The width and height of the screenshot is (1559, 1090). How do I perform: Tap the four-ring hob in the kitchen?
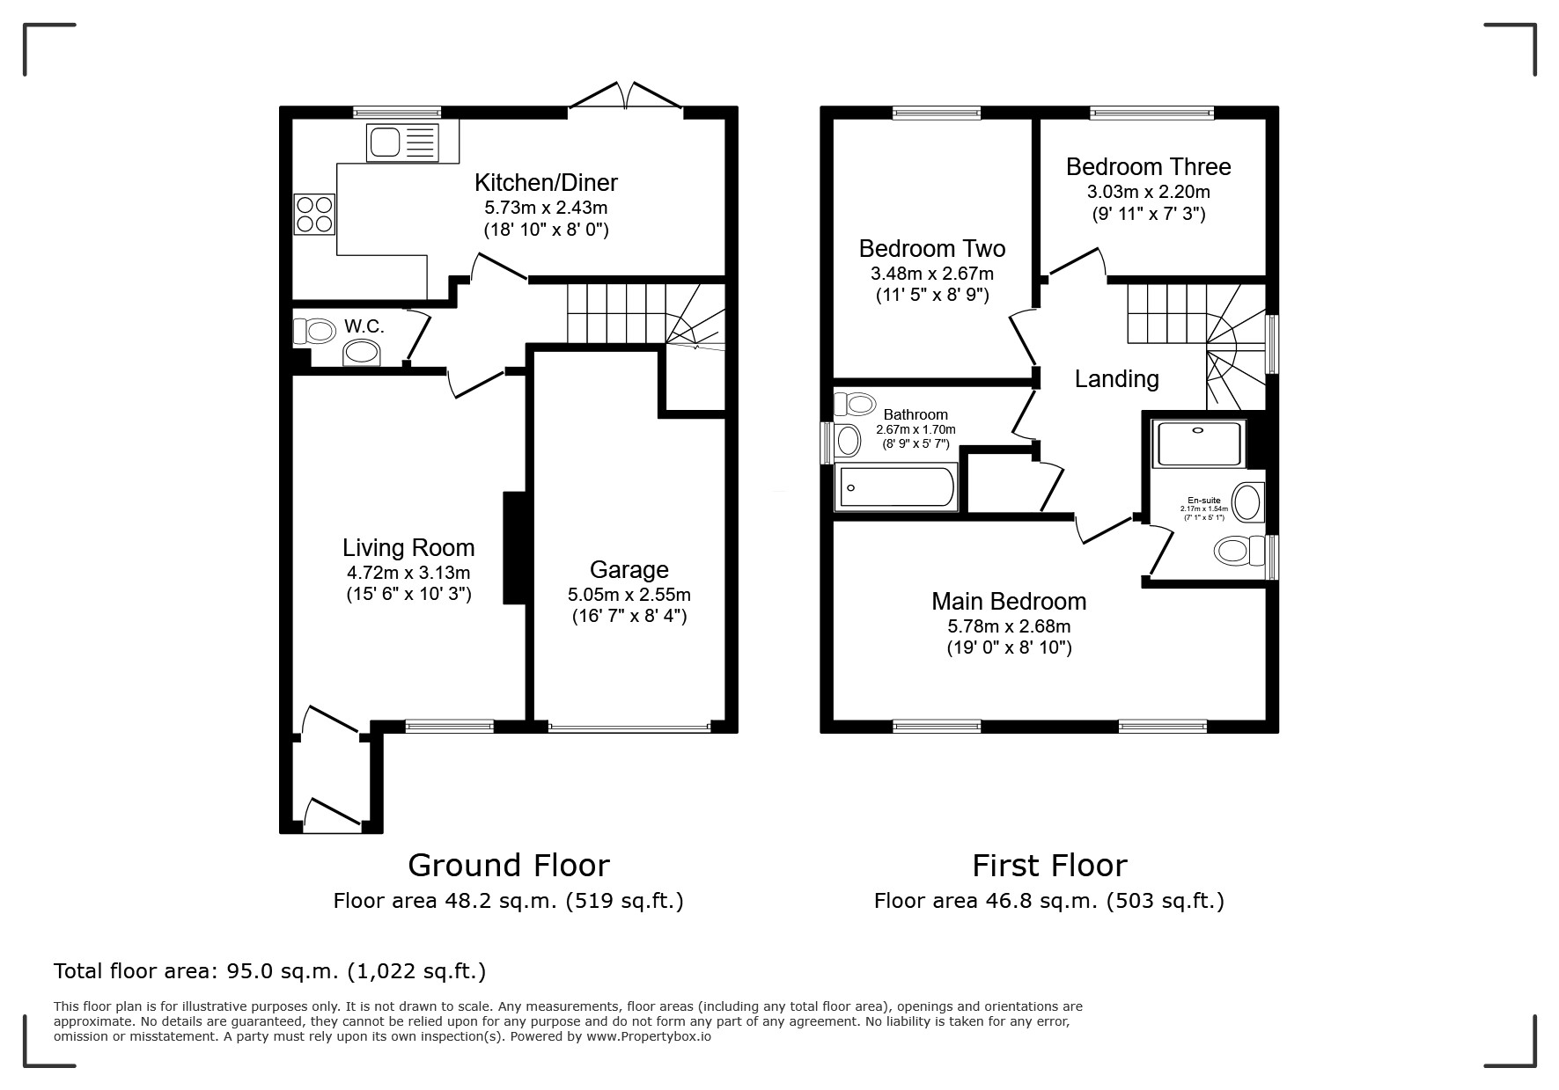[315, 214]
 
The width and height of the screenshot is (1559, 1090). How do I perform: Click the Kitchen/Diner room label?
[546, 183]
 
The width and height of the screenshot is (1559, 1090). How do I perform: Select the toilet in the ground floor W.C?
[316, 332]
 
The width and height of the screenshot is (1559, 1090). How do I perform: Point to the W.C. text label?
[364, 326]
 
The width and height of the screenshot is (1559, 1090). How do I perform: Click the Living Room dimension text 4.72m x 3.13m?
[408, 573]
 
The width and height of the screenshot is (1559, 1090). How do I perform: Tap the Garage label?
[629, 569]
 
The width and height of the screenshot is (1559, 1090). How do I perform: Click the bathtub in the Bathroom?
[897, 487]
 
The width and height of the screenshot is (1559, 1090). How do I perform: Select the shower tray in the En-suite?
[1199, 443]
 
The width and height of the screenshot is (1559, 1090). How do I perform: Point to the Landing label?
[1116, 379]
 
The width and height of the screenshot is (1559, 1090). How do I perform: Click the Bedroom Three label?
[1148, 167]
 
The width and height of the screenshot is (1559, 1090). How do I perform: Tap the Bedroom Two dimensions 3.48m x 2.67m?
[932, 274]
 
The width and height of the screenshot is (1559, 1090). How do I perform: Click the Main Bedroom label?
[1009, 602]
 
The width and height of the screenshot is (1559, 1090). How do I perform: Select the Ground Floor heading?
[508, 866]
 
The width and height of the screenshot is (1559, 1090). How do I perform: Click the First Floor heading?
[1048, 866]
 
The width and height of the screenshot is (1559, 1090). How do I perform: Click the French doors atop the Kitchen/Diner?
[626, 95]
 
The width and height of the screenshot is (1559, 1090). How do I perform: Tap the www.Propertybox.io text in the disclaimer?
[648, 1036]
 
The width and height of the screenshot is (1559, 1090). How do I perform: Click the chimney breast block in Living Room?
[513, 547]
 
